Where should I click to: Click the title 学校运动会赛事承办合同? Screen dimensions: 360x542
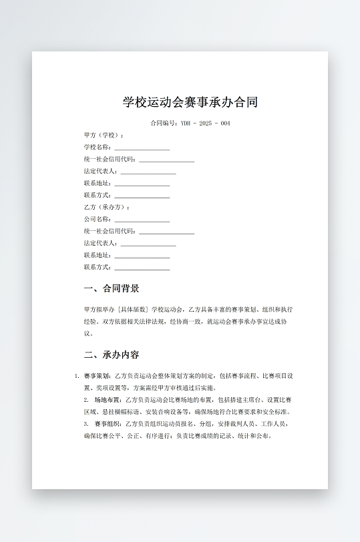pos(190,103)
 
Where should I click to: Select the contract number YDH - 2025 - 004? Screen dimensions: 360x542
pos(205,123)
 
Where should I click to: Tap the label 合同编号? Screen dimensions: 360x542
pos(163,123)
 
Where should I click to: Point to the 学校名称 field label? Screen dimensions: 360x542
pos(98,147)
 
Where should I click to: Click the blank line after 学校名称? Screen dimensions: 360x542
pos(142,148)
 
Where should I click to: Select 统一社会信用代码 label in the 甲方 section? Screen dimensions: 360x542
pos(110,159)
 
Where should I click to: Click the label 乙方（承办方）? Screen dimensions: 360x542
pos(106,207)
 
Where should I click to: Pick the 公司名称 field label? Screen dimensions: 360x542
pos(98,219)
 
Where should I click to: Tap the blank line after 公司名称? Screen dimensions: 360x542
pos(142,220)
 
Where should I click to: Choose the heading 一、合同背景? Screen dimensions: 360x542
pos(112,288)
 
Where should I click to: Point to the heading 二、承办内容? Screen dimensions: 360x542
pos(112,354)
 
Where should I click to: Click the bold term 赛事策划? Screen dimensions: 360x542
pos(98,376)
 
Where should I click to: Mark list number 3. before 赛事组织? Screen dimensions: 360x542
pos(86,424)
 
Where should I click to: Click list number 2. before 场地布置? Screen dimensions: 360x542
pos(86,400)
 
